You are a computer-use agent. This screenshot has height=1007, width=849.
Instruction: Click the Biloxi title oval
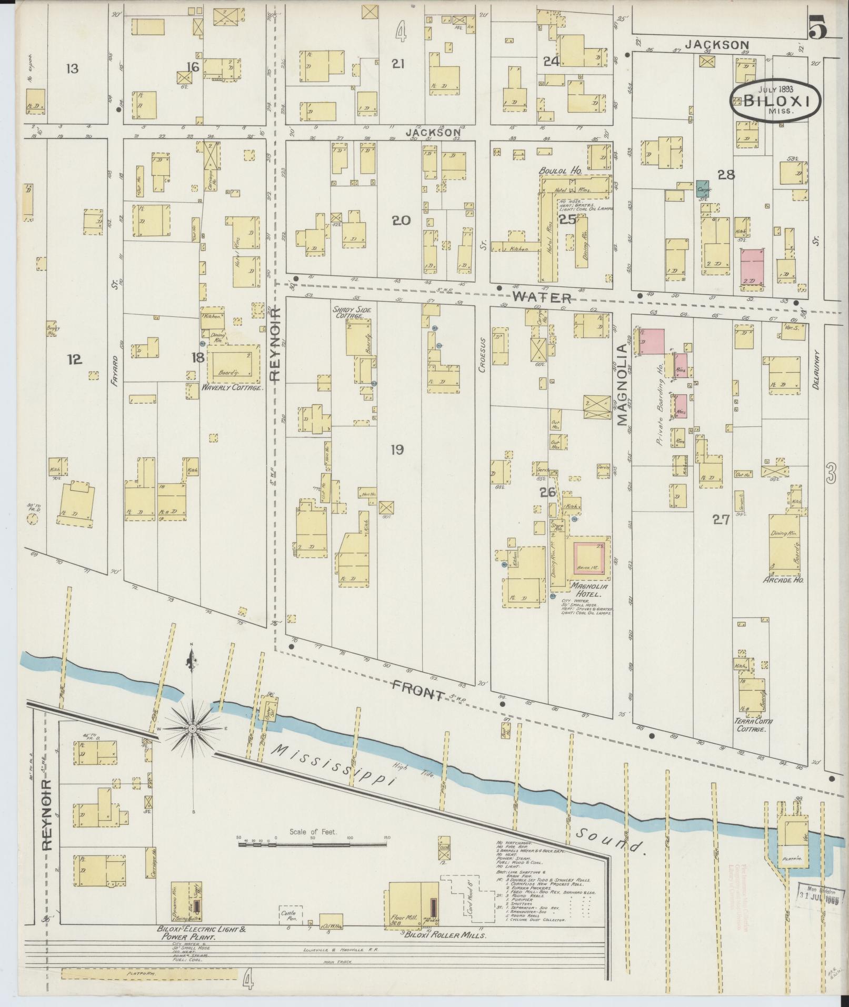click(x=775, y=100)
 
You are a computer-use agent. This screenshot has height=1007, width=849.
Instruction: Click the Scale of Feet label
click(x=313, y=832)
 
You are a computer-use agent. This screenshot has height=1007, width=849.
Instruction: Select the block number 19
click(x=397, y=450)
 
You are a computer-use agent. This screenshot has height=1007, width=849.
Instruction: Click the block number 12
click(x=75, y=359)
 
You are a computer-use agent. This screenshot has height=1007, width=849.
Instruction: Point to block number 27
click(x=721, y=520)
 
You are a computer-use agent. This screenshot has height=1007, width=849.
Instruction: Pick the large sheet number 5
click(x=818, y=28)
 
